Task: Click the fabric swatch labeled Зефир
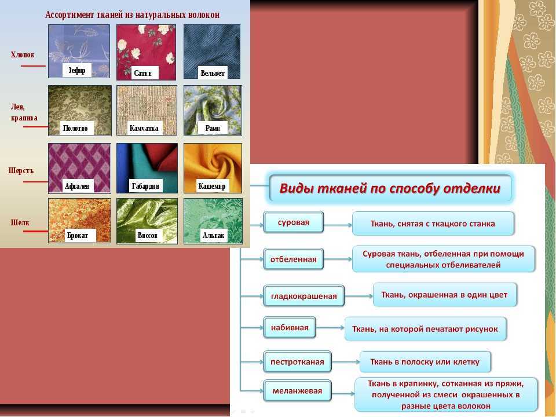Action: pos(79,51)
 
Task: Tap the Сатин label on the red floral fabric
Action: pos(143,73)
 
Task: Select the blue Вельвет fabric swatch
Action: pos(212,52)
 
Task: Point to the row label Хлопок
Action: pos(23,54)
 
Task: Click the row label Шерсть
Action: pos(21,170)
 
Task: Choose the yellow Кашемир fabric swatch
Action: pos(213,168)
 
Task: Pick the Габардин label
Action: pos(145,186)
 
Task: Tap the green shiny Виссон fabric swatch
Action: pos(147,221)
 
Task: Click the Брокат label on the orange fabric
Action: pos(77,236)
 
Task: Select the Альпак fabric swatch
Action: pos(213,221)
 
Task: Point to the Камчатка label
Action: pos(144,128)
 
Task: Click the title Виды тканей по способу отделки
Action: pos(390,188)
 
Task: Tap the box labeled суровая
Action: pos(294,222)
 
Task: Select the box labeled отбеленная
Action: pos(293,259)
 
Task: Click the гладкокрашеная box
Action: pos(304,296)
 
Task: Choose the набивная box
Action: pos(290,328)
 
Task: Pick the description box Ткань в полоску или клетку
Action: pos(425,362)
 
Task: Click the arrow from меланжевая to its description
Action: pos(343,393)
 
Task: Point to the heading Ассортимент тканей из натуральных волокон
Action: pos(132,15)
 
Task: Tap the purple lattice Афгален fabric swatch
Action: pos(79,168)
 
